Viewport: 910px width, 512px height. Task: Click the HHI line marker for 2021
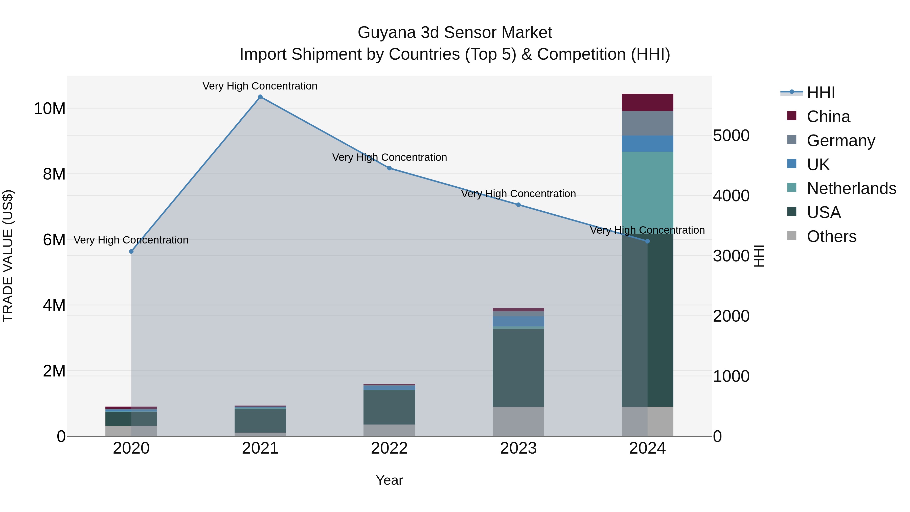tap(260, 97)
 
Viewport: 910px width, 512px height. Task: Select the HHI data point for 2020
tap(131, 252)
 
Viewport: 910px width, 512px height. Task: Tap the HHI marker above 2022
tap(389, 168)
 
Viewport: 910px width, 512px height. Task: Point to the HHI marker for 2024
tap(648, 241)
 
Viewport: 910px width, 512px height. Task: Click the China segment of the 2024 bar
tap(648, 102)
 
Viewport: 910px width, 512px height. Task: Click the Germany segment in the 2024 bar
tap(648, 123)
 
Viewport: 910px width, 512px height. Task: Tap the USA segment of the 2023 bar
tap(518, 367)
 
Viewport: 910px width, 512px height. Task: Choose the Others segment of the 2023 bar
tap(518, 421)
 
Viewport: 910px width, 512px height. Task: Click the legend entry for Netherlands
tap(851, 188)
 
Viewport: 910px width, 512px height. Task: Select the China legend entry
tap(828, 117)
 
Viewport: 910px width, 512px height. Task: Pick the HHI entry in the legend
tap(821, 93)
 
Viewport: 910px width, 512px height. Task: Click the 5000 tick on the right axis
tap(731, 136)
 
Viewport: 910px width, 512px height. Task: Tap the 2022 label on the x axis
tap(389, 448)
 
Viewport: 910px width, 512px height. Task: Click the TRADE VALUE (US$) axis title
tap(8, 256)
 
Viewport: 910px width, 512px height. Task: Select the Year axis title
tap(389, 480)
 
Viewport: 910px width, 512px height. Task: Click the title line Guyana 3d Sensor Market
tap(455, 33)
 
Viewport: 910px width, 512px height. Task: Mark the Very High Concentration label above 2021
tap(260, 86)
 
